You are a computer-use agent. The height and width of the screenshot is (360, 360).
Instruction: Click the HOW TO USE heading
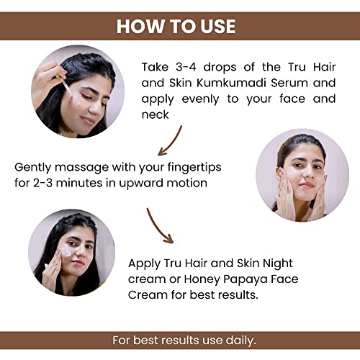point(176,26)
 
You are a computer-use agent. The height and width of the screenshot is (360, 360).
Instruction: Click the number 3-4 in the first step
point(186,67)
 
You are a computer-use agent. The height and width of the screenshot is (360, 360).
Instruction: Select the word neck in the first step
point(155,114)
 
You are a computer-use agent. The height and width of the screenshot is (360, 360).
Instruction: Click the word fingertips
point(194,167)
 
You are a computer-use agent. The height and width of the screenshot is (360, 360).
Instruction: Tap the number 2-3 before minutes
point(42,183)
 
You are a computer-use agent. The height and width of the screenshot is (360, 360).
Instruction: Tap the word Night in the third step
point(278,264)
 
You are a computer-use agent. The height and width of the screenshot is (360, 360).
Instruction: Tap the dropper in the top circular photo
point(63,84)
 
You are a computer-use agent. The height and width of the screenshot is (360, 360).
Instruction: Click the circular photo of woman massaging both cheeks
point(302,175)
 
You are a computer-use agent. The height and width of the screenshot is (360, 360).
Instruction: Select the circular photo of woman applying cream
point(72,253)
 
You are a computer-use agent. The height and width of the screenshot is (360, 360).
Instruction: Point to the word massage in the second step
point(81,168)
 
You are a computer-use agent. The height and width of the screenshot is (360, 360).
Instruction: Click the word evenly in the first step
point(200,99)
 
